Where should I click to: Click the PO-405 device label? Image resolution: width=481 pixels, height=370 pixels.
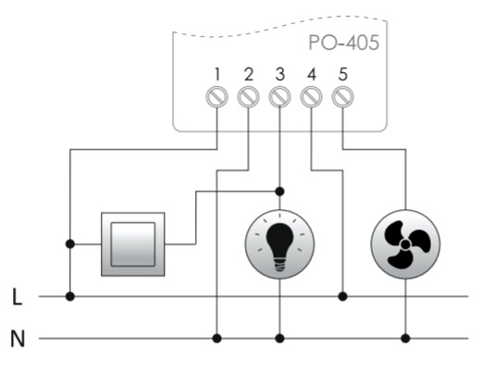(x=344, y=43)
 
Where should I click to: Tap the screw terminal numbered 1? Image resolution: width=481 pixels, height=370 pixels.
(x=216, y=97)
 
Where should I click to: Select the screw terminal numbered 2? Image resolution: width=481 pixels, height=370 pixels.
(x=248, y=97)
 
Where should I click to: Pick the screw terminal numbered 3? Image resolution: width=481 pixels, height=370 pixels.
(x=279, y=97)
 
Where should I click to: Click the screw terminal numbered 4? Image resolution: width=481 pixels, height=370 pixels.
(x=311, y=97)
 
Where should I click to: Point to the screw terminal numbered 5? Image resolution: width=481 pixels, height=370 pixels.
(x=342, y=97)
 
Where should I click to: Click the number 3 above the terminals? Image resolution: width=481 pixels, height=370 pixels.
(x=279, y=74)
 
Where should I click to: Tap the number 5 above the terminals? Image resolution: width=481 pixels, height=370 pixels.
(x=343, y=74)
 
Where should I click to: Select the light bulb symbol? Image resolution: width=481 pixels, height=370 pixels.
(x=279, y=244)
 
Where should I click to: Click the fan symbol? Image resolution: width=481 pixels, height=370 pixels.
(x=405, y=244)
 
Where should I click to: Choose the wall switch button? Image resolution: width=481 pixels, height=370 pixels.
(x=133, y=244)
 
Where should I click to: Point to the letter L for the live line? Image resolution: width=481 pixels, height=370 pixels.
(x=18, y=297)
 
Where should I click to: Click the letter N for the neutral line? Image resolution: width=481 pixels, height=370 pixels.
(x=18, y=339)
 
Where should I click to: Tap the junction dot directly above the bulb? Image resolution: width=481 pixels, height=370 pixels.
(x=279, y=191)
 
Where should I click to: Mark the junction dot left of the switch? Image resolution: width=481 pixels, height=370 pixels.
(x=70, y=244)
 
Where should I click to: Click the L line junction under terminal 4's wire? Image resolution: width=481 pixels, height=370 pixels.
(x=342, y=297)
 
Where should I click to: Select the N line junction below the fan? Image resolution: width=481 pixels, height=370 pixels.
(x=405, y=339)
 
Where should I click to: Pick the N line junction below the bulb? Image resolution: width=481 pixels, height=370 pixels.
(x=279, y=339)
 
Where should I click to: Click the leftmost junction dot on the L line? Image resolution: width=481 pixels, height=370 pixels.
(x=70, y=297)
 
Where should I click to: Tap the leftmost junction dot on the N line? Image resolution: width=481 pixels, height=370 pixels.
(x=216, y=339)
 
